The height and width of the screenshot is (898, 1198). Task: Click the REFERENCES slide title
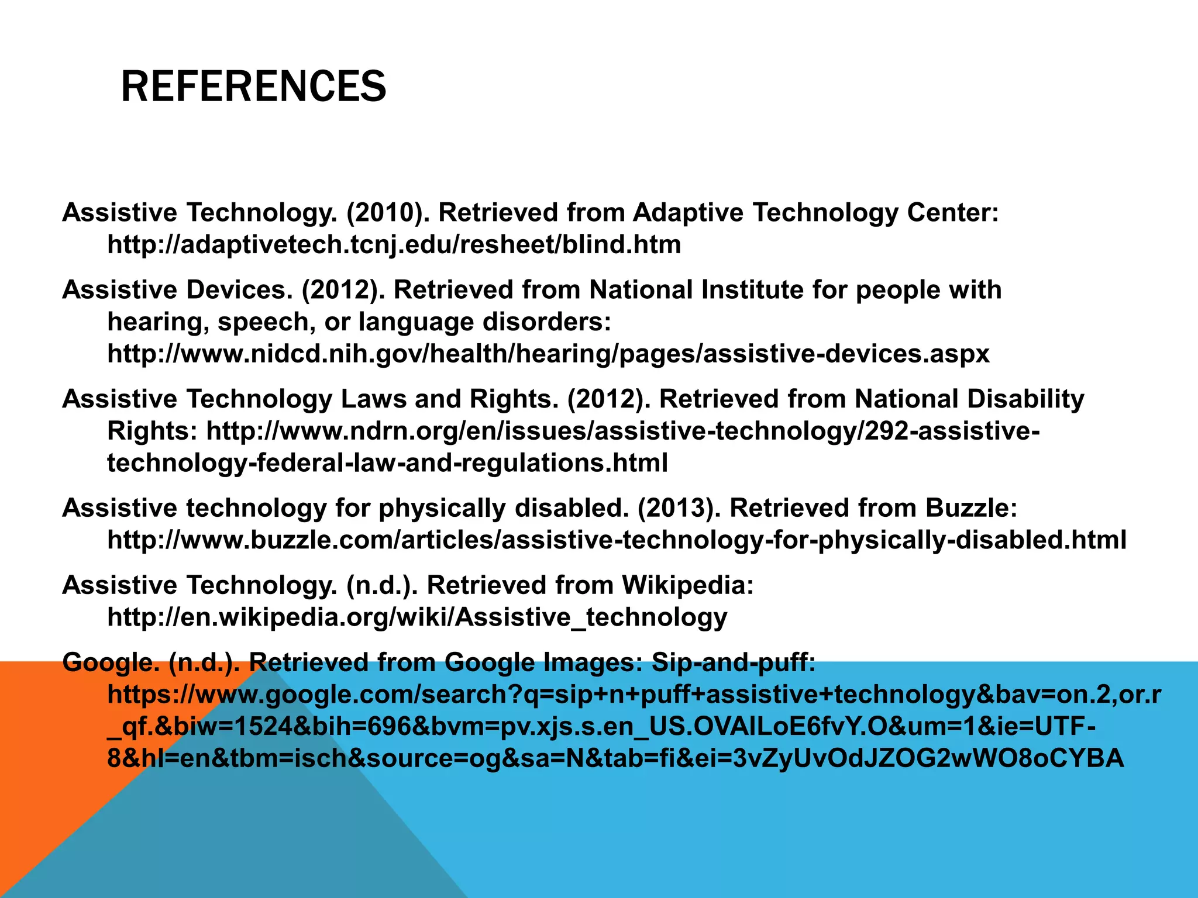(253, 87)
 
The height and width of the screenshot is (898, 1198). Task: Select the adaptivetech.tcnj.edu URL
(394, 245)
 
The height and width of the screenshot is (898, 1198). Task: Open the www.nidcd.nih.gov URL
(548, 354)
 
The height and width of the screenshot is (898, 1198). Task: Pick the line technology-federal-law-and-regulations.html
(387, 463)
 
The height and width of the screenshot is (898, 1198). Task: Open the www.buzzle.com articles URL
(617, 540)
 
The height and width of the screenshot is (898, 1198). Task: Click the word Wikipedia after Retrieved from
(687, 585)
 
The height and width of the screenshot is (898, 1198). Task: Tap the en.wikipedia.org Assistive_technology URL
(417, 617)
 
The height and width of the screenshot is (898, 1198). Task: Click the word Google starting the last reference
(111, 662)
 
